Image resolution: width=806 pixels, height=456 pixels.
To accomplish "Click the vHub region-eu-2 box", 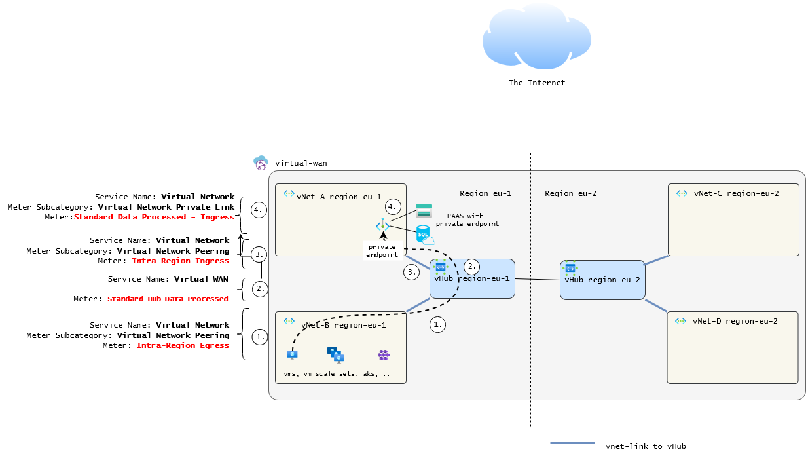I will pos(602,280).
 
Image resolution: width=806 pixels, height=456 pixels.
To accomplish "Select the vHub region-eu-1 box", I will pos(472,279).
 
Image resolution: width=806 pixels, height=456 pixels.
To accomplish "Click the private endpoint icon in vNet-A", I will pos(382,225).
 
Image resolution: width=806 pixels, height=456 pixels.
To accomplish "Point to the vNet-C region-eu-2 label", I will pos(736,193).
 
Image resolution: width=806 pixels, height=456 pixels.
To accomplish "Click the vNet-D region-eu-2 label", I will pos(735,321).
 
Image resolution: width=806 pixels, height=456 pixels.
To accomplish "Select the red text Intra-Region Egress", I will pos(183,345).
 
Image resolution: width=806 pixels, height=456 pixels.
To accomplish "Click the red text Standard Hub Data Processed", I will pos(168,299).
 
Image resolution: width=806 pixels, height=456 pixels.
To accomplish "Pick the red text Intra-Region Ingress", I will pos(180,261).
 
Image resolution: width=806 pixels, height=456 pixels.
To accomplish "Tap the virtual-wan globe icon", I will pos(261,163).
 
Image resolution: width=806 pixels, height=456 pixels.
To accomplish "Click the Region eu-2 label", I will pos(570,193).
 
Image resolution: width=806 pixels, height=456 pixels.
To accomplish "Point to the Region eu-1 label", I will pos(485,193).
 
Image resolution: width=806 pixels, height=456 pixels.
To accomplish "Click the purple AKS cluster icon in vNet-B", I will pos(384,355).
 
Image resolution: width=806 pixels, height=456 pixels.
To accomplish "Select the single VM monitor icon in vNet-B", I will pos(292,355).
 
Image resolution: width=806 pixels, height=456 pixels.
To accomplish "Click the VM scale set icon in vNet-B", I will pos(336,354).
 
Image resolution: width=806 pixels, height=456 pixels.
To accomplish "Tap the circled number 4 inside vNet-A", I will pos(393,206).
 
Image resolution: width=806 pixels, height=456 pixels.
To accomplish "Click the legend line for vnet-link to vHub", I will pos(572,444).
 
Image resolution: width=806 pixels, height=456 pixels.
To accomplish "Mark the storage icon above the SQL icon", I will pos(424,210).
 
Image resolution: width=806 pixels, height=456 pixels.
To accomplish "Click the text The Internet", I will pos(536,83).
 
